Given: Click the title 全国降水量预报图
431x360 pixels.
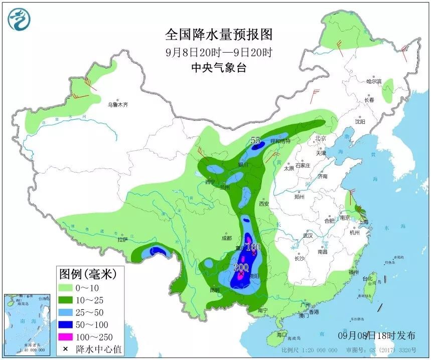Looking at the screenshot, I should pos(219,35).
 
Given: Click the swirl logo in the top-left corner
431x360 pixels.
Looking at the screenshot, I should pos(19,19).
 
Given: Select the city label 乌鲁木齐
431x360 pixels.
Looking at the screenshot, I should pos(118,105).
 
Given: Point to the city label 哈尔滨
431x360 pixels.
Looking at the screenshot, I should pos(374,81).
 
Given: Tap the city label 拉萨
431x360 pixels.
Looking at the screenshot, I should pos(122,240).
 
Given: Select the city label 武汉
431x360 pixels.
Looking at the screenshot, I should pos(307,235).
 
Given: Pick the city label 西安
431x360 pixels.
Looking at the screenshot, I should pos(264,204).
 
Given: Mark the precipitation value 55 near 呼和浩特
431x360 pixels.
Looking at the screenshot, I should pos(256,141).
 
